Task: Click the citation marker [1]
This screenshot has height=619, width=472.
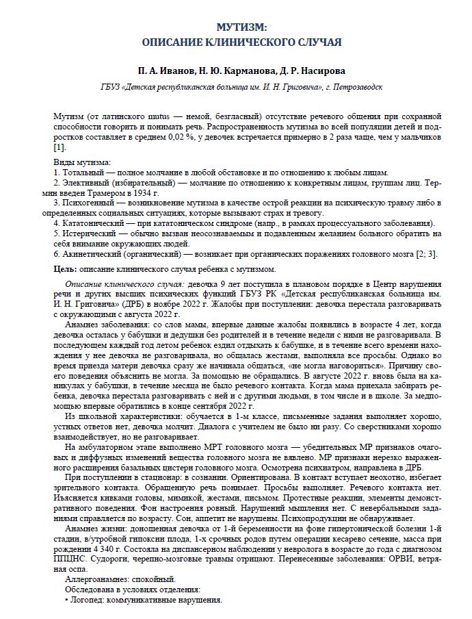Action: [x=60, y=147]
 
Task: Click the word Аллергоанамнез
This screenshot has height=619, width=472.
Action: [x=98, y=579]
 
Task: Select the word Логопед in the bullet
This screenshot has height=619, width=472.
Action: [x=86, y=599]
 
